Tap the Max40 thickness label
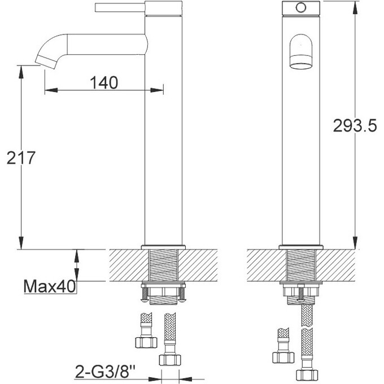click(50, 287)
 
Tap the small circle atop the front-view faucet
click(300, 8)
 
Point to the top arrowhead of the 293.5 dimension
click(355, 5)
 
